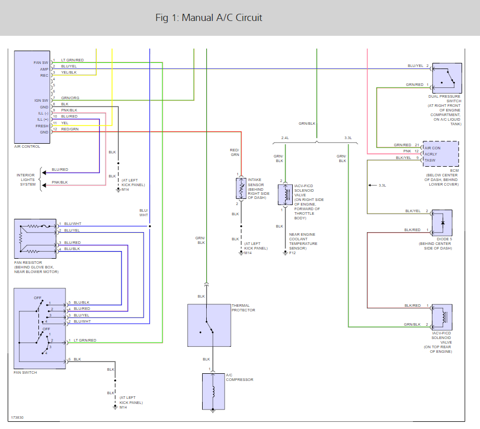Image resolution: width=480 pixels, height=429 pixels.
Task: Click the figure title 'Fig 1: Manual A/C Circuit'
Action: pos(209,18)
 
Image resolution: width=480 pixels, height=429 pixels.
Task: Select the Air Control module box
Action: pos(32,97)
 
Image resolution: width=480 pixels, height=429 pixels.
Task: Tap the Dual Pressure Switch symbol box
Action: pos(447,78)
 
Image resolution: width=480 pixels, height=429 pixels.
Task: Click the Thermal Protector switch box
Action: pos(209,325)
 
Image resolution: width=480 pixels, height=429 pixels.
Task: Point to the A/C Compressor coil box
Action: pos(213,391)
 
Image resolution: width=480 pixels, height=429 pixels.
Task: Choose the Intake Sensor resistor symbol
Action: pos(241,188)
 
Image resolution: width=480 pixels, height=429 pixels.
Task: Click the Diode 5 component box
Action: pos(442,223)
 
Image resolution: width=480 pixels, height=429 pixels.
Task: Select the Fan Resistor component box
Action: pos(35,239)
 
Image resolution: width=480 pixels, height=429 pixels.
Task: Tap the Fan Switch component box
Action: pos(40,328)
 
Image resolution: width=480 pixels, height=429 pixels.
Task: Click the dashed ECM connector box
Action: pos(441,154)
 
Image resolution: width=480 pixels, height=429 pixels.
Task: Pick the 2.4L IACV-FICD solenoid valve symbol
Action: pos(286,194)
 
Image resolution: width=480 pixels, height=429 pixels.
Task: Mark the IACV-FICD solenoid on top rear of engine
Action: pos(442,318)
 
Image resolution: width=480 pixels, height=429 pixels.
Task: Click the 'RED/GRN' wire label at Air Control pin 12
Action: pos(70,129)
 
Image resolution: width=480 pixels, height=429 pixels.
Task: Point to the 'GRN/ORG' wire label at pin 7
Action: pos(70,98)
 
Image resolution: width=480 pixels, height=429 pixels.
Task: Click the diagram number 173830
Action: pos(17,417)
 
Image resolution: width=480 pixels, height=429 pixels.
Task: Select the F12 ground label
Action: pos(292,253)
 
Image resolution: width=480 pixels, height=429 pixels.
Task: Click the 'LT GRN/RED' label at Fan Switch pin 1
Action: pos(85,340)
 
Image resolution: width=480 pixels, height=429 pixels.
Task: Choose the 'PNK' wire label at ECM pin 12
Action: pos(407,151)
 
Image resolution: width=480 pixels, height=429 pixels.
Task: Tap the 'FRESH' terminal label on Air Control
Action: pos(42,126)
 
